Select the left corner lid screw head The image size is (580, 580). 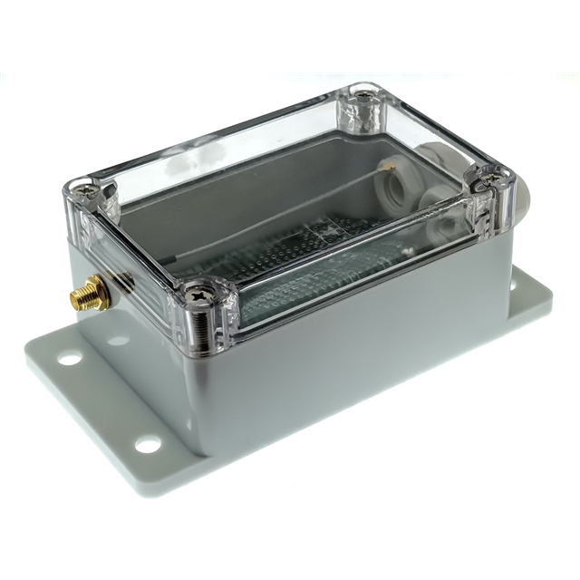coord(87,189)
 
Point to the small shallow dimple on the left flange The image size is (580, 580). coord(118,342)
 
